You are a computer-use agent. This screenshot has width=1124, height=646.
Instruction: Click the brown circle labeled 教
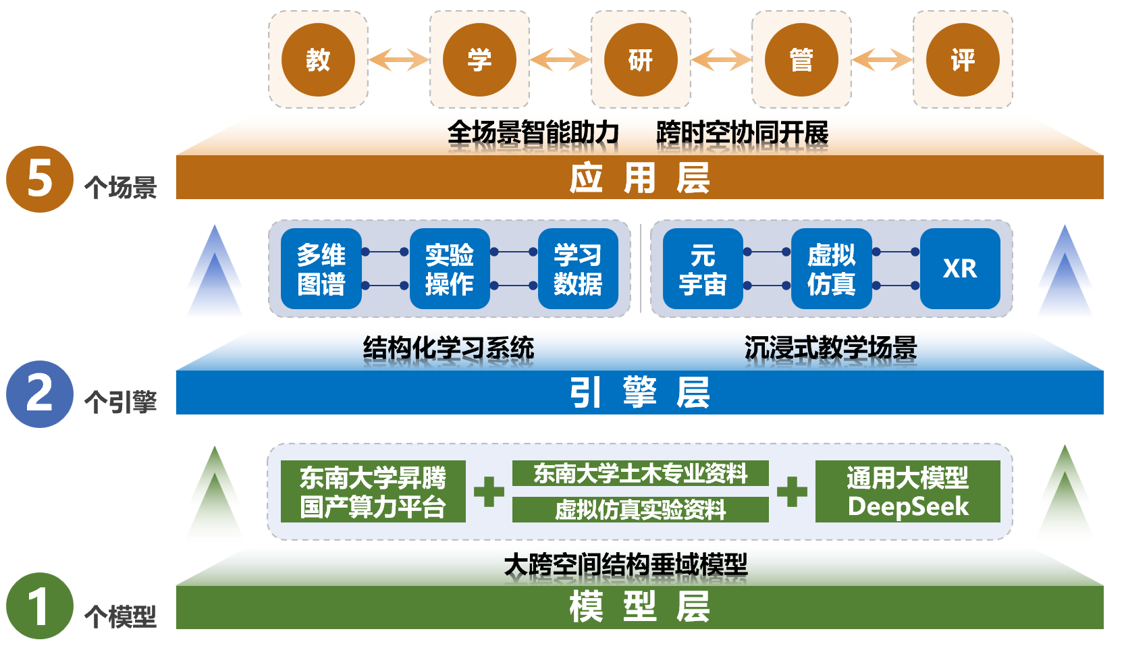(318, 60)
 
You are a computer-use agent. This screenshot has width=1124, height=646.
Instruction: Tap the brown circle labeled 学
(479, 60)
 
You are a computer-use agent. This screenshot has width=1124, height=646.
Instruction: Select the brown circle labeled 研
(641, 60)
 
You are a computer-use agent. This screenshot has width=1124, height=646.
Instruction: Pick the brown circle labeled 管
(801, 60)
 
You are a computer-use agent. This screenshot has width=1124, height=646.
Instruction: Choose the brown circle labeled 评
(963, 60)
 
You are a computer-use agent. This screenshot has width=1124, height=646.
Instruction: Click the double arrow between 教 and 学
(398, 60)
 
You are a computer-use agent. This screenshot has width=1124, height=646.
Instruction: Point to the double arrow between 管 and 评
(882, 60)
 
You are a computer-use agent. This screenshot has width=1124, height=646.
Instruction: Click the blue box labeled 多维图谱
(321, 269)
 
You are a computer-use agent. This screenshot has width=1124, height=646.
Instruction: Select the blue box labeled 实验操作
(450, 269)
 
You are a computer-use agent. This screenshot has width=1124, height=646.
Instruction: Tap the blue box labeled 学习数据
(578, 269)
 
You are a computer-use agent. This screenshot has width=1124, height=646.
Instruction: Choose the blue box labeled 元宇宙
(703, 269)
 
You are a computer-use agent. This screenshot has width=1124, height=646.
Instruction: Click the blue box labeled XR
(960, 269)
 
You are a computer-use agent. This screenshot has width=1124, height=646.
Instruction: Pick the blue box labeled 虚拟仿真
(831, 269)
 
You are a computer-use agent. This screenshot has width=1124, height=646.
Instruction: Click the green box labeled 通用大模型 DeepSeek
(907, 491)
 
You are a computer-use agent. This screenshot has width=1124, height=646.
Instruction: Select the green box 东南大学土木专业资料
(640, 473)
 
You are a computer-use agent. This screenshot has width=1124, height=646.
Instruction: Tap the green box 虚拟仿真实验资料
(640, 510)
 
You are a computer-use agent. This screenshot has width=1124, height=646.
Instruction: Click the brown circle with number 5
(40, 180)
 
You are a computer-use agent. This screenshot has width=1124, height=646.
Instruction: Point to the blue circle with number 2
(40, 394)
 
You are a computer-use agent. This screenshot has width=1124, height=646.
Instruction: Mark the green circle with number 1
(40, 606)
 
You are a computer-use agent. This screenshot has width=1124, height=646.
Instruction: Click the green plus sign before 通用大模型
(792, 491)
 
